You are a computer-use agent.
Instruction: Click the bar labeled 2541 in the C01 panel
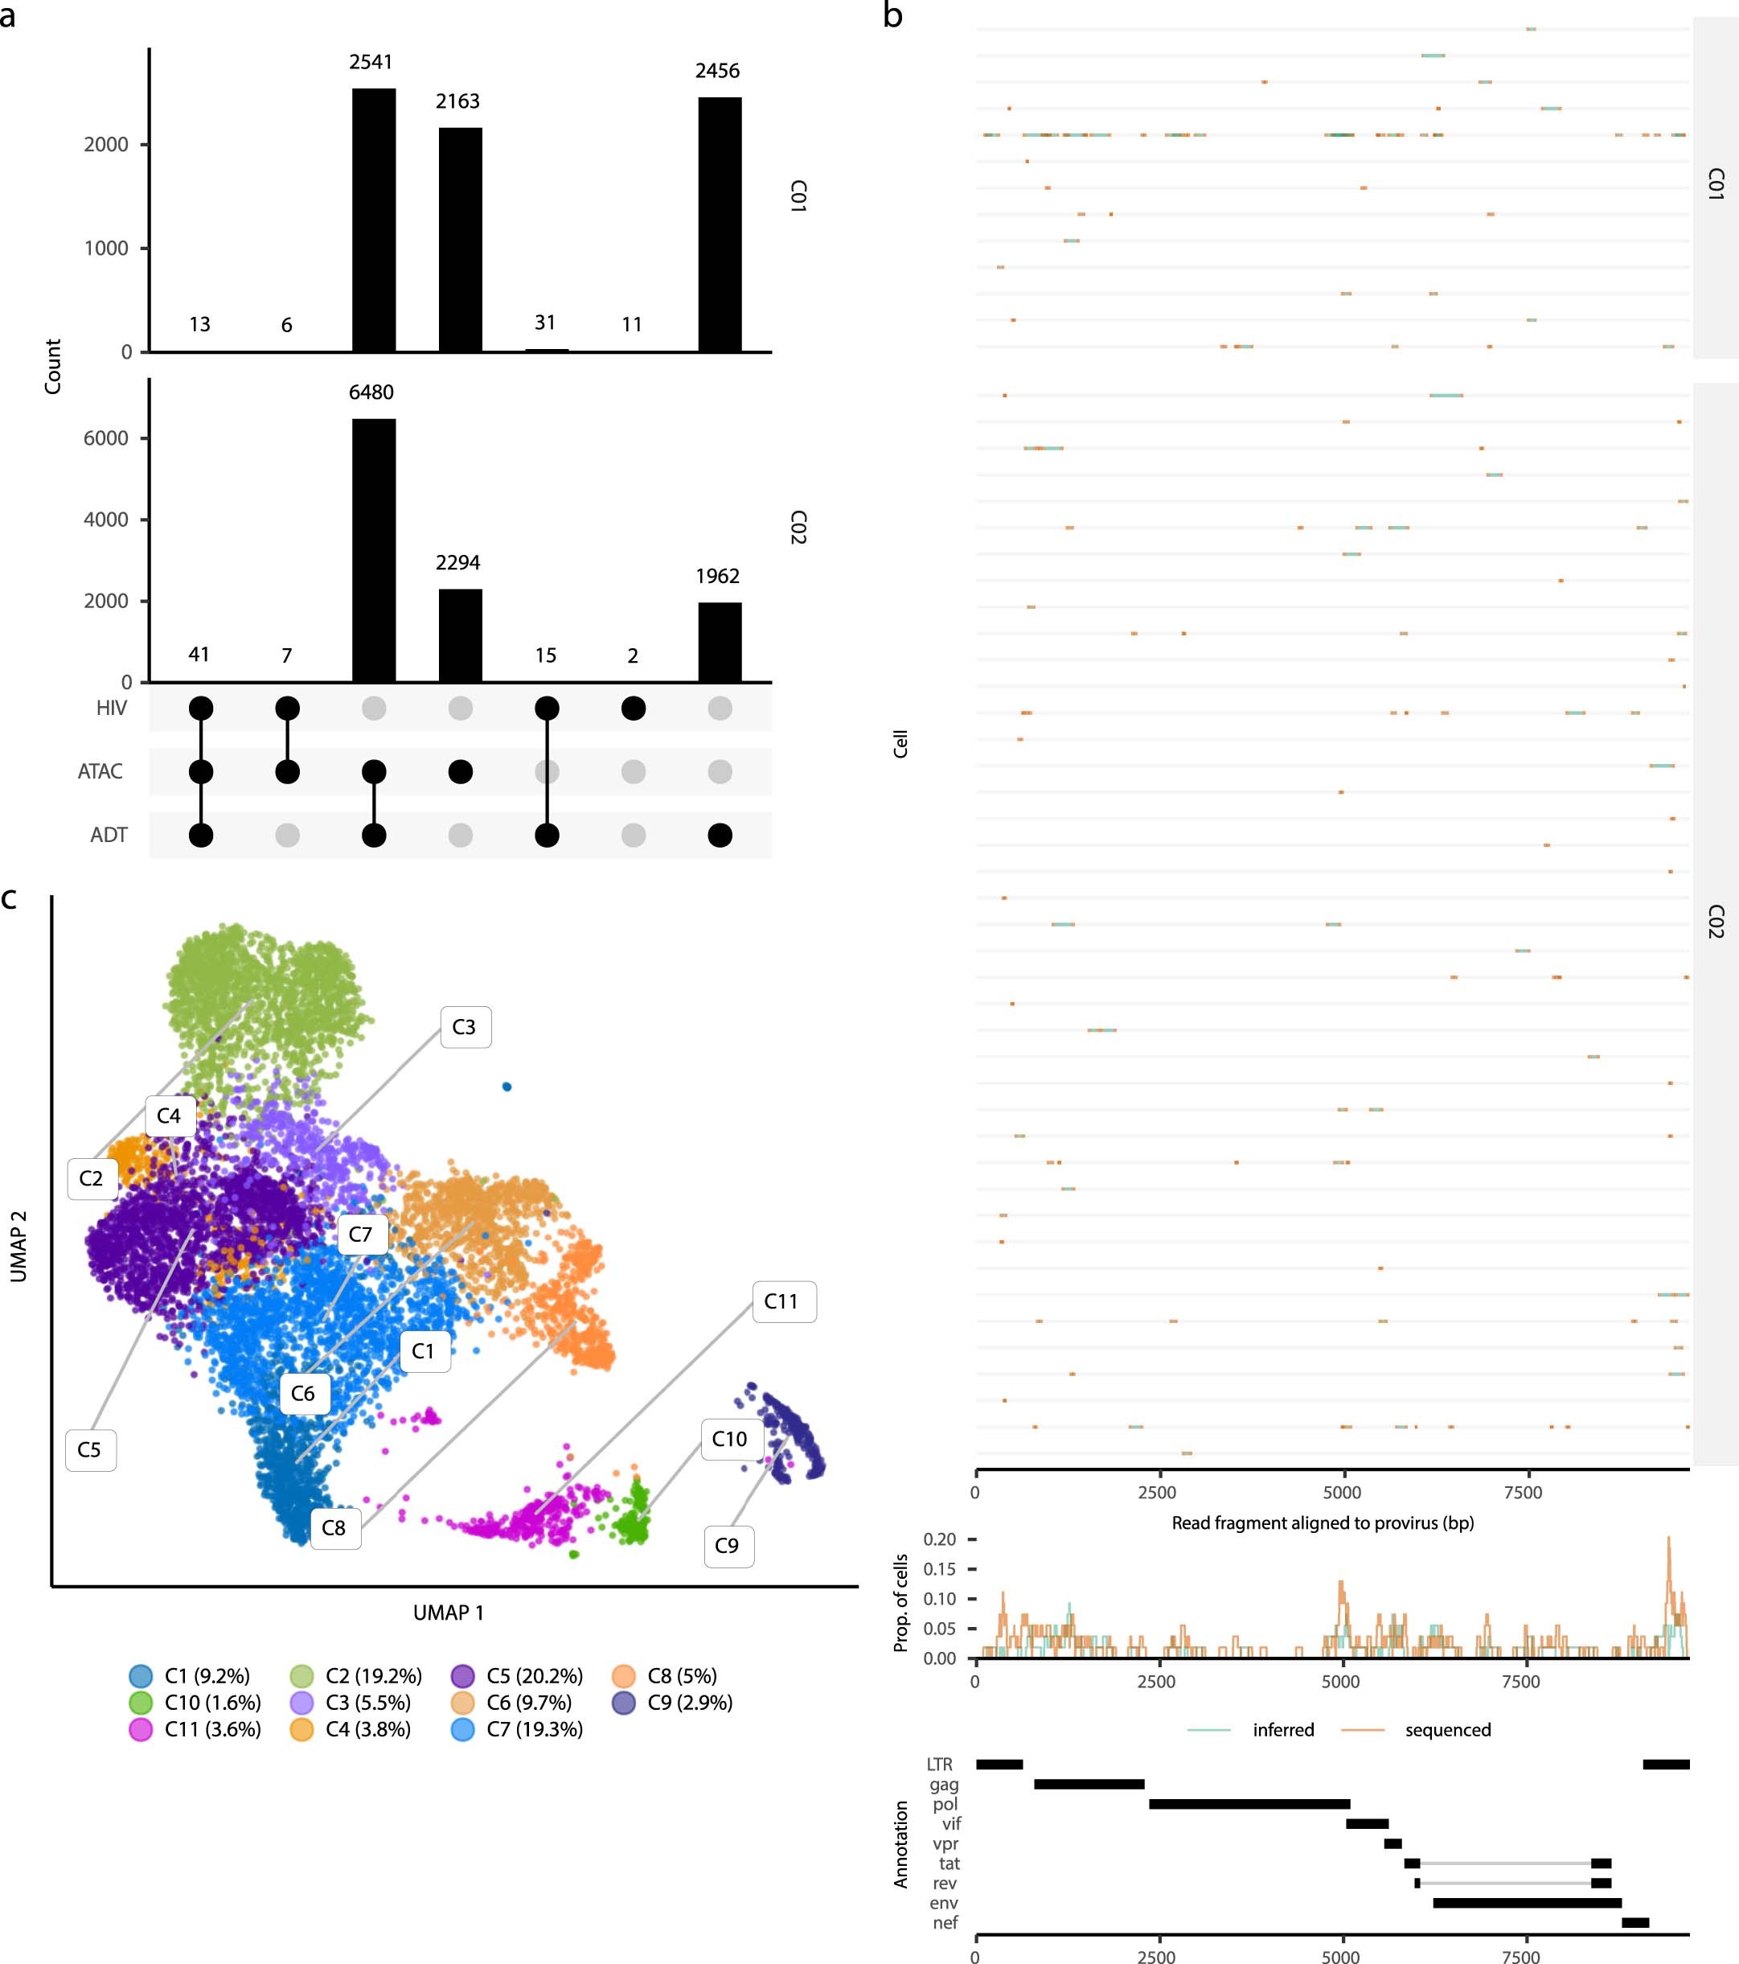pos(374,220)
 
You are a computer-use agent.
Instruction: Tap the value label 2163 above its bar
pos(457,101)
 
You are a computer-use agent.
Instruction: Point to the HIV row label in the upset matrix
pos(112,709)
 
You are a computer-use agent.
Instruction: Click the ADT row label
pos(109,835)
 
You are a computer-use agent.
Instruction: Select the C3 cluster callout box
pos(465,1027)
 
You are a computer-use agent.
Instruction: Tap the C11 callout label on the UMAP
pos(782,1302)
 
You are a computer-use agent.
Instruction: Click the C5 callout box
pos(90,1450)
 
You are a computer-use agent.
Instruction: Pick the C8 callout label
pos(334,1528)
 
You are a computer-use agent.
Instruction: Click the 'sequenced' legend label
pos(1447,1729)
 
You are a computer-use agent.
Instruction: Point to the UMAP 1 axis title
pos(449,1613)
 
